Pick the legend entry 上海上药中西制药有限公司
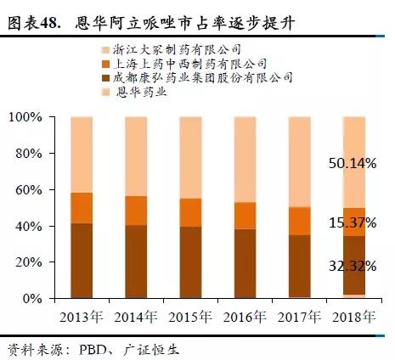point(190,65)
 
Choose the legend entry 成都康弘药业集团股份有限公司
point(203,77)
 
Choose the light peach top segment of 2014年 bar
point(136,156)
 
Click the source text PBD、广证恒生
point(118,348)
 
